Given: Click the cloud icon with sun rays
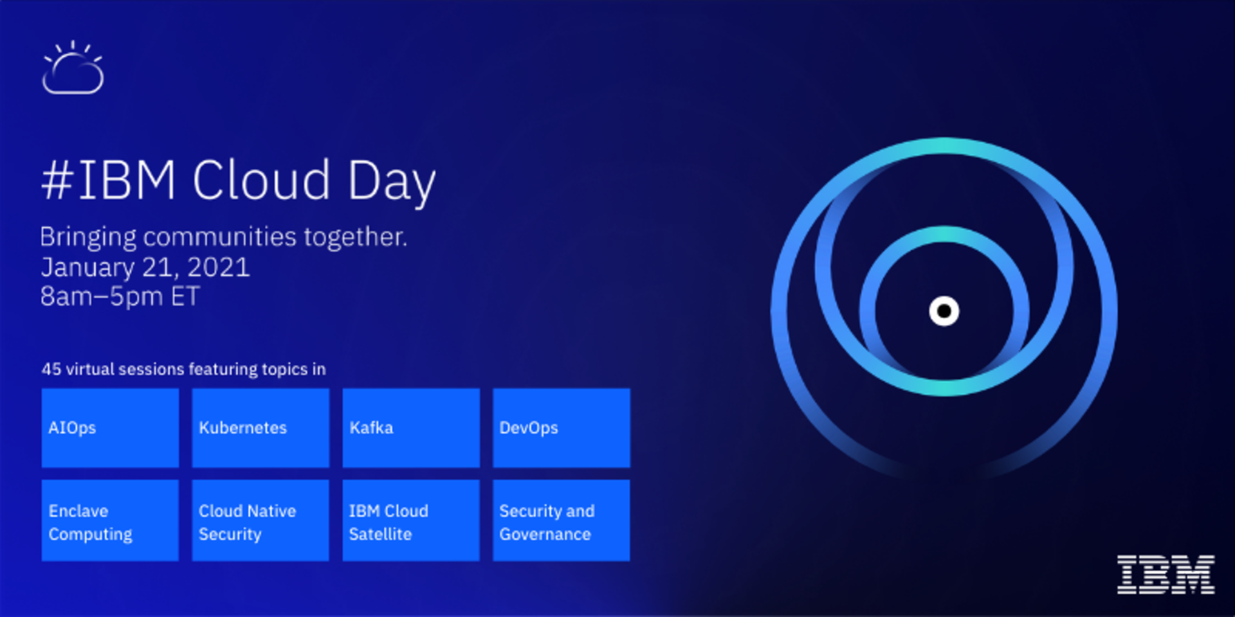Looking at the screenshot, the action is click(x=73, y=67).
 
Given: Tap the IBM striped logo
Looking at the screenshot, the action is click(x=1166, y=574).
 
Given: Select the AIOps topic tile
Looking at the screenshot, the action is click(x=110, y=427).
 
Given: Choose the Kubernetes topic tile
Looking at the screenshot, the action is click(x=261, y=427).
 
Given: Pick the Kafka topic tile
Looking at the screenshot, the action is click(x=411, y=427).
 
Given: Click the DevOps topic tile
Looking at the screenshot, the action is click(x=562, y=427).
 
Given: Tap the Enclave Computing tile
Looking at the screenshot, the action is click(x=110, y=520).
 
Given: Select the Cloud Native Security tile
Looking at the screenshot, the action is click(x=261, y=520).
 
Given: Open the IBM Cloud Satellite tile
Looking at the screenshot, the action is click(x=411, y=520).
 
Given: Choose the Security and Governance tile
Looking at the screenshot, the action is click(x=562, y=520).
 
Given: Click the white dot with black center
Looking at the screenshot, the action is click(x=944, y=311).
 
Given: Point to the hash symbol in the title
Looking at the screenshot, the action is click(x=57, y=181).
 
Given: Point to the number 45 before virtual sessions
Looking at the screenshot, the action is click(x=51, y=369).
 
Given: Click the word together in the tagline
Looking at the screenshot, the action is click(x=356, y=237).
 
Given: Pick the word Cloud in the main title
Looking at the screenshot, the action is click(x=261, y=180).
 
